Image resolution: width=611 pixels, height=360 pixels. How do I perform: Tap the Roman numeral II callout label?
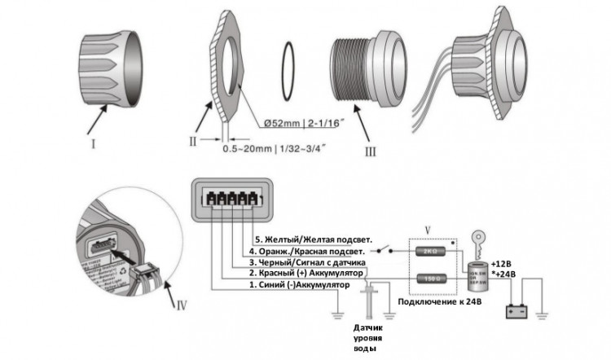(x=193, y=140)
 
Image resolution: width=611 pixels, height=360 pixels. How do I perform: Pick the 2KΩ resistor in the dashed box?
(x=431, y=252)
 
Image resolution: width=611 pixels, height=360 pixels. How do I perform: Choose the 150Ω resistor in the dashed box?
(x=431, y=279)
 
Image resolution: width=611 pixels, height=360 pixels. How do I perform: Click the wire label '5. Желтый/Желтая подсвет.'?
(x=314, y=239)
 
